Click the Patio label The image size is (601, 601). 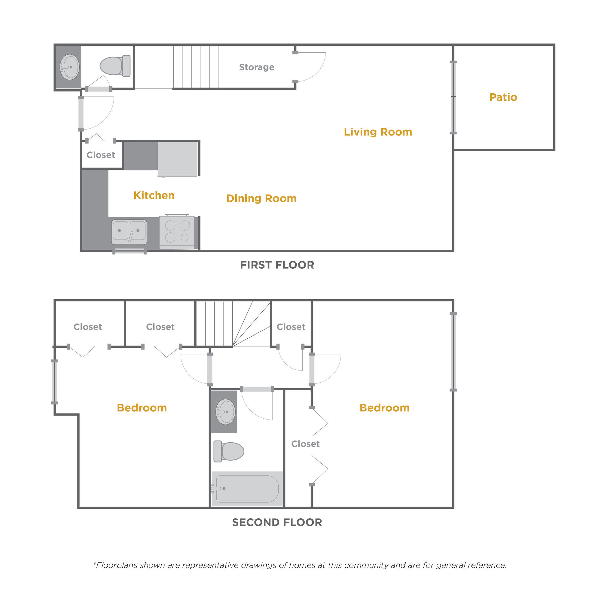pos(503,97)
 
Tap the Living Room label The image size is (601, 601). pos(378,132)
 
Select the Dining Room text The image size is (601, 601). pos(261,198)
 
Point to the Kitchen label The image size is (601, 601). pos(154,195)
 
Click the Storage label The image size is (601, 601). pos(257,67)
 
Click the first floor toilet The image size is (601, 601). pos(115,66)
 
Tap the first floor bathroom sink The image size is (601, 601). pos(69,67)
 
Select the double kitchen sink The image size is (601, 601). pos(129,232)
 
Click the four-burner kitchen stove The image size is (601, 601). pos(177,232)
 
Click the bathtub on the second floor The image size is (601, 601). pos(247,489)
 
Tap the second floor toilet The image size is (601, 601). pos(229,451)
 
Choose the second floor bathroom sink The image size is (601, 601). pos(225,412)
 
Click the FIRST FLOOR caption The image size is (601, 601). pos(277,265)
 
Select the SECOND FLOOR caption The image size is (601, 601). pos(277,522)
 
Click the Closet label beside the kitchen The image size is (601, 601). pos(101,155)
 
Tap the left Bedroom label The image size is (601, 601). pos(142,408)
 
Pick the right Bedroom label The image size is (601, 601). pos(385,408)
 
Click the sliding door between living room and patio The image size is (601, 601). pos(453,98)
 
